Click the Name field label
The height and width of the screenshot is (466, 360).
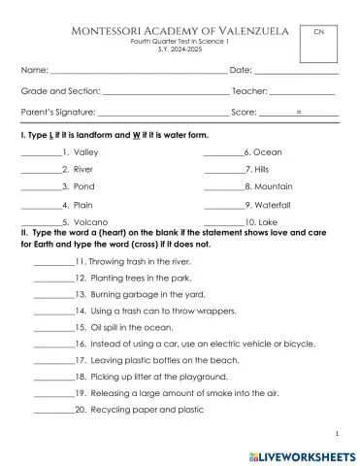[34, 70]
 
